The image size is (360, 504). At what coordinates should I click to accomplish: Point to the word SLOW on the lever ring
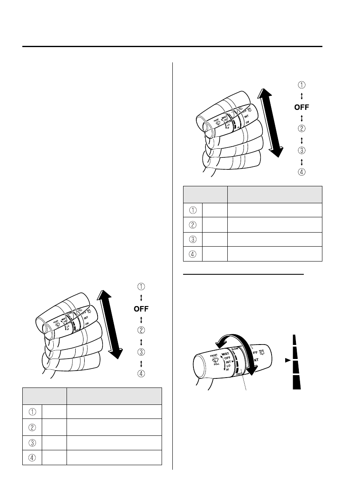click(236, 349)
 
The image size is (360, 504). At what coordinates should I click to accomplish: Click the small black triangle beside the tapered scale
click(287, 360)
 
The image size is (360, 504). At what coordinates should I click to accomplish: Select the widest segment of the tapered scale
click(296, 383)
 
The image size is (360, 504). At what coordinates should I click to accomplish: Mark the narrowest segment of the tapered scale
click(296, 340)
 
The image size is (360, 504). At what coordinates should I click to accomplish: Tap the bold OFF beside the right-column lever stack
click(301, 107)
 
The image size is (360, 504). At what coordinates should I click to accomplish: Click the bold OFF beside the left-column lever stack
click(141, 309)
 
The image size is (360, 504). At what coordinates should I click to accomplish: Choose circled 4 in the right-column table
click(193, 254)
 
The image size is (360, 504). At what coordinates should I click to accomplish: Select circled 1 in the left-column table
click(32, 412)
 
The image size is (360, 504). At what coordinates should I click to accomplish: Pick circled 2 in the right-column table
click(193, 225)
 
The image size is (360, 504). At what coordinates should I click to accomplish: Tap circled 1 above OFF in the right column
click(302, 85)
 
